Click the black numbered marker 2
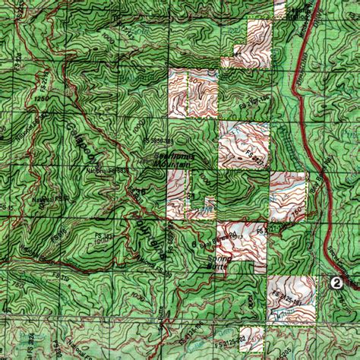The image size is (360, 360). [335, 283]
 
